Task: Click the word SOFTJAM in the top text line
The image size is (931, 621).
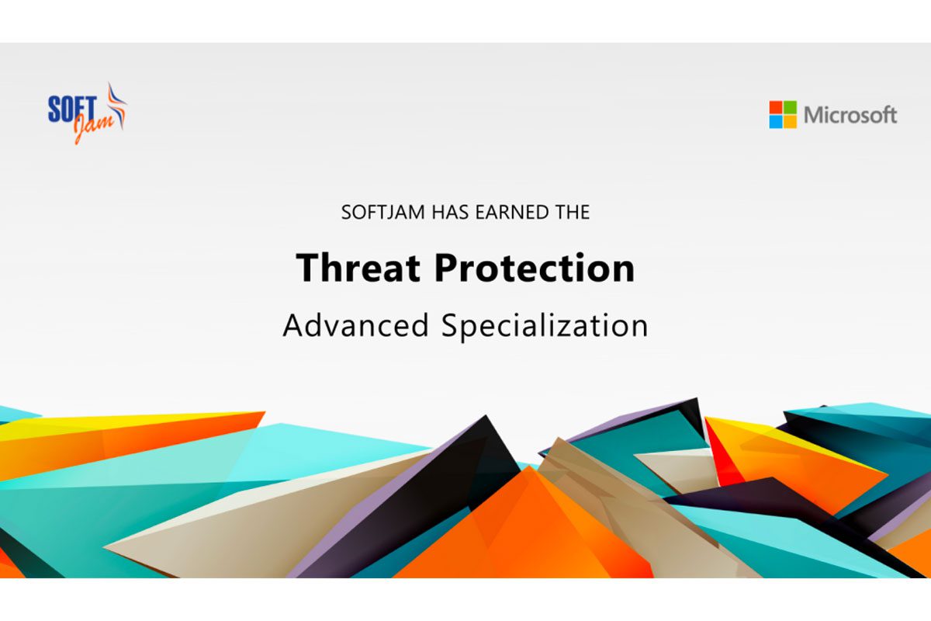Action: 382,213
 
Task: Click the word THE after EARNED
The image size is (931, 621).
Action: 568,213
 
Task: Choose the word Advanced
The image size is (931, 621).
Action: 355,325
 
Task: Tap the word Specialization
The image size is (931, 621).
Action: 545,328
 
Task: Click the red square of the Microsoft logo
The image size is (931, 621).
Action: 776,107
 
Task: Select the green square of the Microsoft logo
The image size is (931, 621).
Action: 790,107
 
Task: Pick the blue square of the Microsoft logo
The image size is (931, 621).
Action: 776,122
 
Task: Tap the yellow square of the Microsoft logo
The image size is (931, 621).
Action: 790,122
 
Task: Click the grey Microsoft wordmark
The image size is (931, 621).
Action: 850,115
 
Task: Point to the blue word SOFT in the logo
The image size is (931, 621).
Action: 72,109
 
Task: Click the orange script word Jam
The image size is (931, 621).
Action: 94,125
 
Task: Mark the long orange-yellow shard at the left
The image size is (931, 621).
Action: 125,437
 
